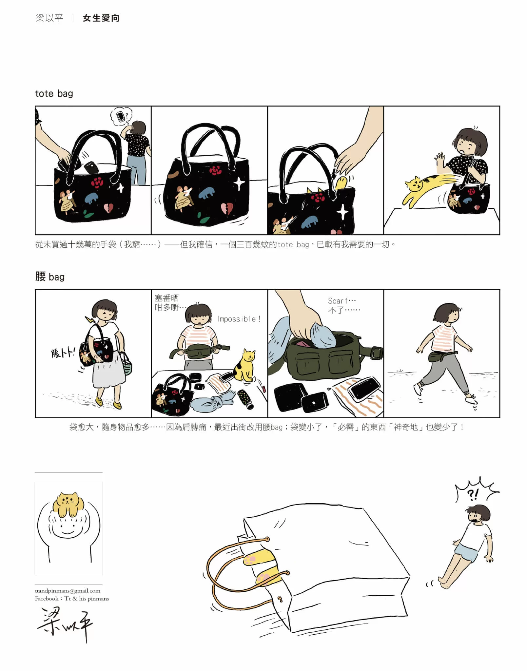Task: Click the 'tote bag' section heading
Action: tap(54, 94)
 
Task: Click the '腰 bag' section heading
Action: tap(50, 277)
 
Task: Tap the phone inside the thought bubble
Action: tap(121, 116)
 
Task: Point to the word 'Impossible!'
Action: tap(239, 319)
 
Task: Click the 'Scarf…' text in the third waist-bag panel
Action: tap(342, 301)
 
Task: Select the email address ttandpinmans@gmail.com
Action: tap(68, 591)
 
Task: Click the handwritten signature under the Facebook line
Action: tap(66, 623)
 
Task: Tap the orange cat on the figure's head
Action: tap(68, 504)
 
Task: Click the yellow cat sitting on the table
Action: tap(244, 365)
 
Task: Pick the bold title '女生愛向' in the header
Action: tap(101, 18)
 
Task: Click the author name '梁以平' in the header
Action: tap(49, 18)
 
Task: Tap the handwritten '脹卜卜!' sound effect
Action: tap(63, 353)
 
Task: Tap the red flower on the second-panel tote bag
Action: tap(215, 170)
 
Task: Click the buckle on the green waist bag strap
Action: tap(377, 352)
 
